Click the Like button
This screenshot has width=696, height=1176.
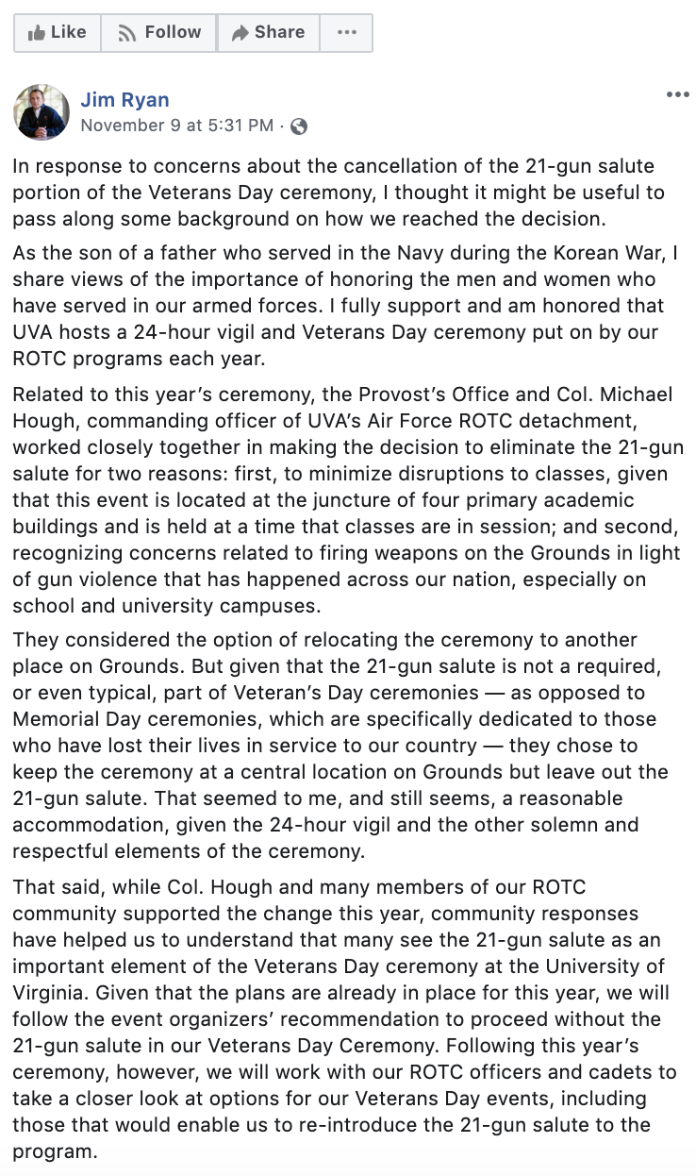coord(57,33)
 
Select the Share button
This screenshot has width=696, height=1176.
coord(268,33)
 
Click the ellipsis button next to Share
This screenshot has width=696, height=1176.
coord(346,33)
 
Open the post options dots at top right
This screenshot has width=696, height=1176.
coord(677,95)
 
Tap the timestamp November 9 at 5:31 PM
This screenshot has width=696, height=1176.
coord(177,126)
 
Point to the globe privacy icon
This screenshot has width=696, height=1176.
coord(299,126)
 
